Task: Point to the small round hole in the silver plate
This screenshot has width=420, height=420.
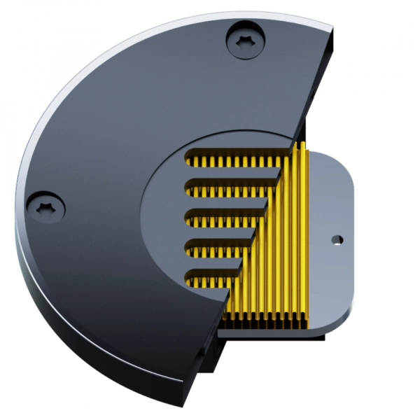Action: (337, 239)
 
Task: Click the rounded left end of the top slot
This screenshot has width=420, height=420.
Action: (189, 161)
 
